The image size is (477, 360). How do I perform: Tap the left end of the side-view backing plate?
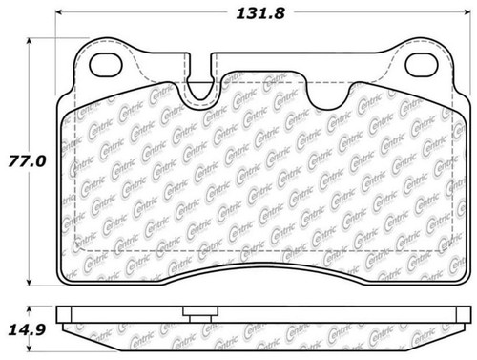pyautogui.click(x=60, y=314)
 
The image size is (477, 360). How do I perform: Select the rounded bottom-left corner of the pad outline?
pyautogui.click(x=67, y=279)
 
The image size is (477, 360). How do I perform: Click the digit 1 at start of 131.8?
pyautogui.click(x=238, y=13)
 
